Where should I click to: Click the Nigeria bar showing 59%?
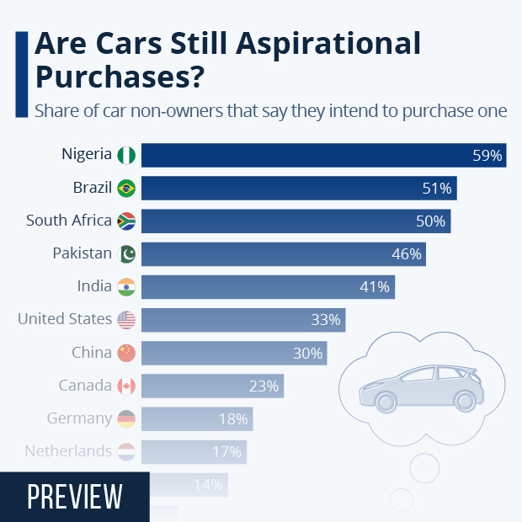(323, 155)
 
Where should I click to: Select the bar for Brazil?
(299, 188)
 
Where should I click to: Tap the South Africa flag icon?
(126, 221)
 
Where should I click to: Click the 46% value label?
(406, 254)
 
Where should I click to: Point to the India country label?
(94, 286)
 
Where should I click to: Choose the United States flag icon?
(126, 320)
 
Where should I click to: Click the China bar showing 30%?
(234, 353)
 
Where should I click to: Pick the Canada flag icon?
(126, 386)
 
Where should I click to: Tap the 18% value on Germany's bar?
(233, 419)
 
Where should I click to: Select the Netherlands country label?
(68, 451)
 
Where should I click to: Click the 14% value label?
(207, 485)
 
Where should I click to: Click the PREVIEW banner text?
(75, 497)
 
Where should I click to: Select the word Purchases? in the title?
(119, 77)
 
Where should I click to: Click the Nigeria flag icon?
(126, 155)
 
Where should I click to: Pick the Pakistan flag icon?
(126, 254)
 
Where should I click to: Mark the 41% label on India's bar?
(375, 287)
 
